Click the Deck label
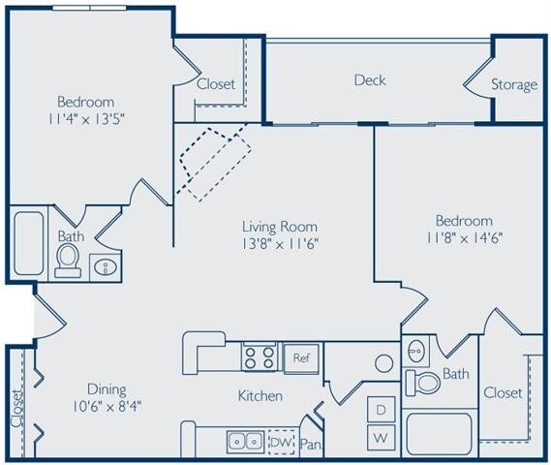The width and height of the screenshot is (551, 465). (x=369, y=79)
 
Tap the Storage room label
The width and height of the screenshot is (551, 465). (x=513, y=84)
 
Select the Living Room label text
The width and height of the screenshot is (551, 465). (x=279, y=227)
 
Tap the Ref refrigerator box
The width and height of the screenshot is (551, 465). (x=300, y=357)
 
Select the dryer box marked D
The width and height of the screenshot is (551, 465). (x=382, y=410)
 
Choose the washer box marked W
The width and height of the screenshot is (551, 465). (x=382, y=438)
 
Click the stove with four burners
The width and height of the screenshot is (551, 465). (x=260, y=357)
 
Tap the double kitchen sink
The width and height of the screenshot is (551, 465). (x=244, y=442)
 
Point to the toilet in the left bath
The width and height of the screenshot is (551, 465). (x=68, y=260)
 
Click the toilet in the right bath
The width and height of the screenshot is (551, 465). (x=423, y=382)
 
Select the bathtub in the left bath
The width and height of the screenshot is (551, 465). (x=29, y=242)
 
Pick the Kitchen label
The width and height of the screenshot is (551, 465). (x=260, y=395)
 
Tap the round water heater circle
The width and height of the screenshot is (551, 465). (x=383, y=363)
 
